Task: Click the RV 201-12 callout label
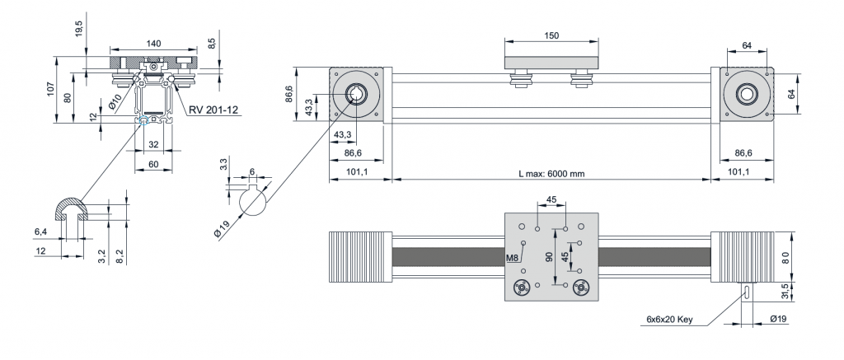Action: pyautogui.click(x=213, y=110)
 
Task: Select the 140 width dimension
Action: pyautogui.click(x=154, y=44)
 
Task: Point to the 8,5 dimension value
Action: pyautogui.click(x=212, y=44)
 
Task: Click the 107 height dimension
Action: pyautogui.click(x=50, y=89)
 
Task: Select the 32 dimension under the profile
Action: pyautogui.click(x=153, y=145)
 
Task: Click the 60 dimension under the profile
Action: pyautogui.click(x=153, y=164)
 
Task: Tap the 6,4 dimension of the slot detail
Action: pyautogui.click(x=40, y=231)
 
